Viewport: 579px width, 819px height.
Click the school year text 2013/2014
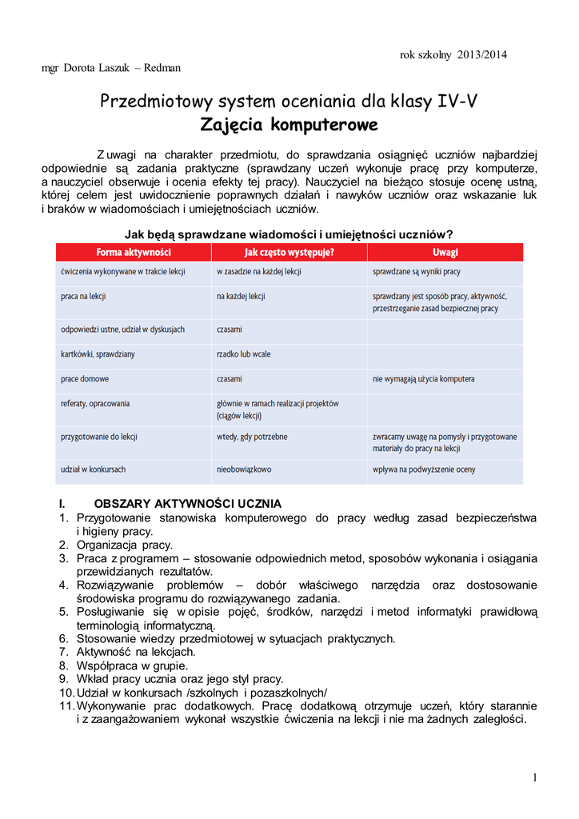482,54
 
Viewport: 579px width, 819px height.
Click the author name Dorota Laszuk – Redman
111,68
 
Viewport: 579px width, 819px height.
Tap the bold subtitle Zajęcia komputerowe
289,126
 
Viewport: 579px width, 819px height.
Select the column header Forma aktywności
133,253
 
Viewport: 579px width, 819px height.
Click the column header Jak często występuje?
289,253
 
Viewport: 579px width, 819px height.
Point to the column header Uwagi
445,253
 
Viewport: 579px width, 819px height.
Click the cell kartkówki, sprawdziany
98,354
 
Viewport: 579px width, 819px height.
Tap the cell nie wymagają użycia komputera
423,379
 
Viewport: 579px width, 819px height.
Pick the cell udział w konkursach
93,469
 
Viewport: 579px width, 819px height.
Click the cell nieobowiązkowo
244,469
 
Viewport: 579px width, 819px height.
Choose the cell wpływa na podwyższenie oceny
424,469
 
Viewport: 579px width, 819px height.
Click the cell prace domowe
85,379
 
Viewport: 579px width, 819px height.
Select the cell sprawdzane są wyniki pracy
417,272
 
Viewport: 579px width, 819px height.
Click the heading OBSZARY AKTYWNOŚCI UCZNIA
187,504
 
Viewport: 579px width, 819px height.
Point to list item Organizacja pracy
124,545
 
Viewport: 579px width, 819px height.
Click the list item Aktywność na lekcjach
135,652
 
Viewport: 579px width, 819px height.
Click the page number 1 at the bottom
534,778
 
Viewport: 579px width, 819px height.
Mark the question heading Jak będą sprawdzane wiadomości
289,234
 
